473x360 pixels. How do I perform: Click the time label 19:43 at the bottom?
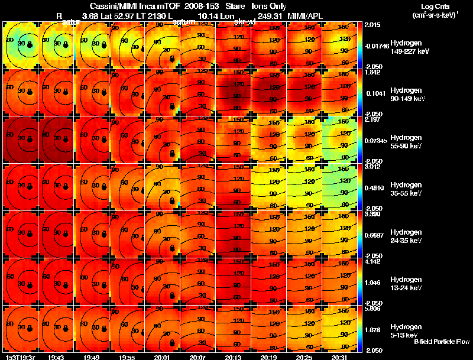tap(57, 357)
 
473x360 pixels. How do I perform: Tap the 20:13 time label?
tap(234, 357)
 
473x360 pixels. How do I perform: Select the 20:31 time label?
tap(339, 357)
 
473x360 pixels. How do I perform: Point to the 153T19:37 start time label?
tap(19, 357)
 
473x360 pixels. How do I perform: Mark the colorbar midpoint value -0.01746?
tap(376, 46)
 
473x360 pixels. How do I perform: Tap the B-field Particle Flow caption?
tap(441, 342)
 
